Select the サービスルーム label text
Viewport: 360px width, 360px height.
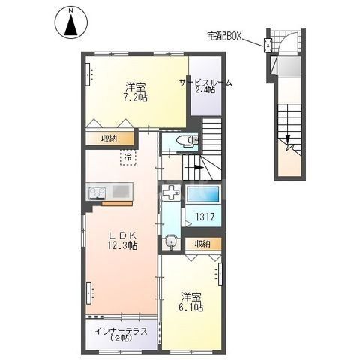204,82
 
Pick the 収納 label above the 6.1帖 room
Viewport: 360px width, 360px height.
202,244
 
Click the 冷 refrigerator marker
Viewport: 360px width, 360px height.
128,157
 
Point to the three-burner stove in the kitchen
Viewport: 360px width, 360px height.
97,192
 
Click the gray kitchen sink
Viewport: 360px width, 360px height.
121,191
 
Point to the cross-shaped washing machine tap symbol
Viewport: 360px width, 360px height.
171,193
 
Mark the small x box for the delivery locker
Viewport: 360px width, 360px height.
268,44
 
